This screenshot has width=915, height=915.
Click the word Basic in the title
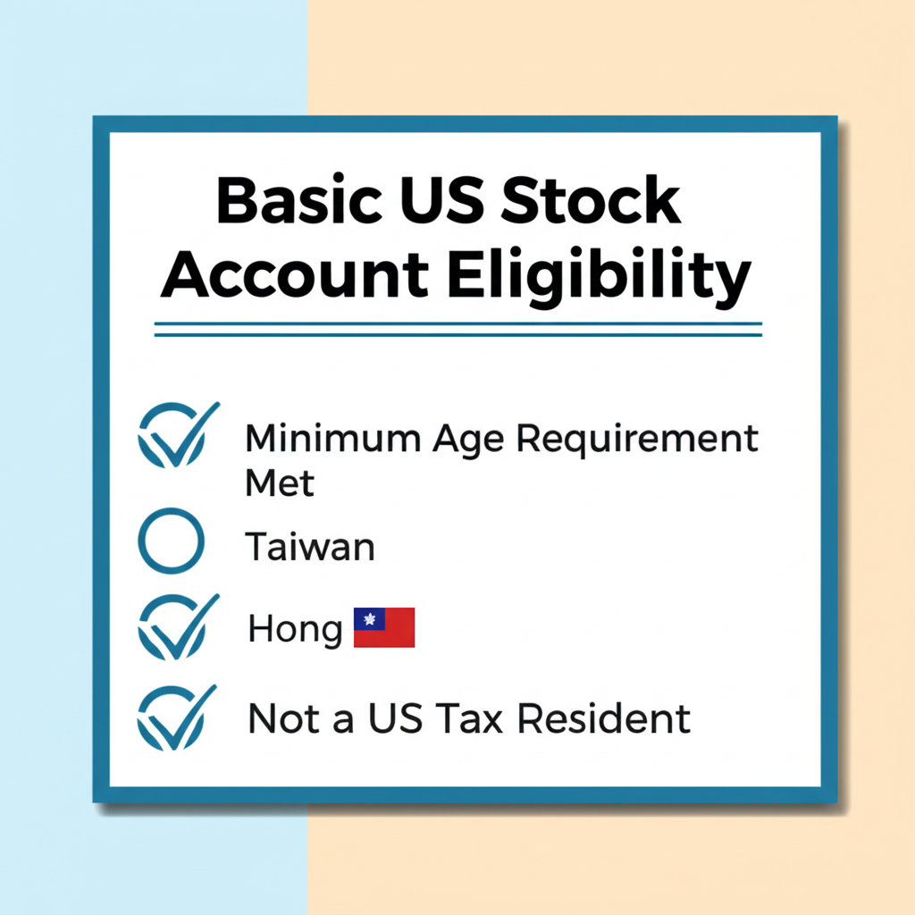(x=299, y=199)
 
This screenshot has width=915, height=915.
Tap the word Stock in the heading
(x=591, y=199)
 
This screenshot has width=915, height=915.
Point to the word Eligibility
(x=600, y=277)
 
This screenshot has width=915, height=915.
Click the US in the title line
(x=441, y=199)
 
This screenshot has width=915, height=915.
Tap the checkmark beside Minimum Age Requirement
(x=178, y=435)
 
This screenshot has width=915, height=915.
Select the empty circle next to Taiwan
(x=171, y=541)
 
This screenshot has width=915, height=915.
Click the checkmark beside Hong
(x=178, y=626)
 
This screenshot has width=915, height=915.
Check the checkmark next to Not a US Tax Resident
(x=176, y=718)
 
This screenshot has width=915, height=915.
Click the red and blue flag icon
(x=384, y=627)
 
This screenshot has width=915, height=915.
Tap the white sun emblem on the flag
(x=369, y=618)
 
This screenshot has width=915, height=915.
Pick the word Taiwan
(x=310, y=547)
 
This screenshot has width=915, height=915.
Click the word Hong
(x=295, y=630)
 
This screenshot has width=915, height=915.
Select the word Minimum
(x=332, y=438)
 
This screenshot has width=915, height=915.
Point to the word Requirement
(x=637, y=440)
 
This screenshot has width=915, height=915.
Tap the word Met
(x=280, y=483)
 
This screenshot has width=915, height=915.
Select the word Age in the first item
(x=468, y=440)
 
